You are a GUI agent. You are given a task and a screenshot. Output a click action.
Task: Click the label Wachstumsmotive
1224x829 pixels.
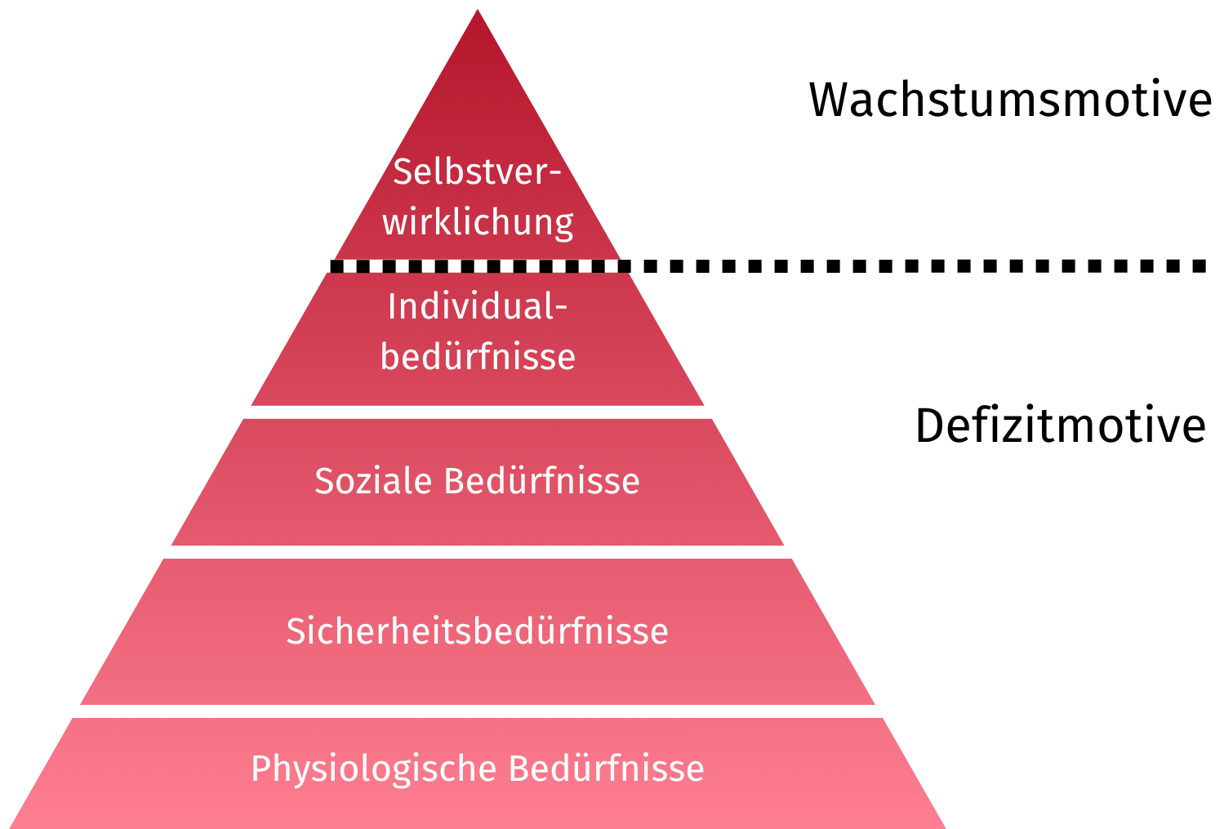coord(1010,100)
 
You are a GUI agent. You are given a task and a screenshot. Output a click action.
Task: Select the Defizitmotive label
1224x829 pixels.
coord(1060,426)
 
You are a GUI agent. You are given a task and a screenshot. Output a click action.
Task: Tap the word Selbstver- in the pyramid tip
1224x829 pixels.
coord(478,172)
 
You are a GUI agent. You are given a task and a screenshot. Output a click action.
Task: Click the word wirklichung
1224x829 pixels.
coord(478,222)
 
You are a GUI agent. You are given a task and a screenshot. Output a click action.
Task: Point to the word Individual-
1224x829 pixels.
coord(478,307)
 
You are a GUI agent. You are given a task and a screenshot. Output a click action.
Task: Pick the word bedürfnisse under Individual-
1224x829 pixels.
coord(478,357)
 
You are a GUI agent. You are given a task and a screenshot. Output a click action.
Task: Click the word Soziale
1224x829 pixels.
coord(373,481)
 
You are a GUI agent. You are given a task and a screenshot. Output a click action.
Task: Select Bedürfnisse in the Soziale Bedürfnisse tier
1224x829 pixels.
coord(541,481)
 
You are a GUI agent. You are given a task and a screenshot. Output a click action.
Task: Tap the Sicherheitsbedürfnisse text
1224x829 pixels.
coord(478,631)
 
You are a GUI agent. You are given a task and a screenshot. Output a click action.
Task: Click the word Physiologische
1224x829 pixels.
coord(374,769)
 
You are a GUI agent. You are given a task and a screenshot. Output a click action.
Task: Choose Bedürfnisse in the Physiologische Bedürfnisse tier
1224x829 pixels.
coord(606,769)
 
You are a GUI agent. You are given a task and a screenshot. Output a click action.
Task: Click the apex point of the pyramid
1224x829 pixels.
coord(478,11)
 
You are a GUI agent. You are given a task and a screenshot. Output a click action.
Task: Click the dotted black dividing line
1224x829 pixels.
coord(898,265)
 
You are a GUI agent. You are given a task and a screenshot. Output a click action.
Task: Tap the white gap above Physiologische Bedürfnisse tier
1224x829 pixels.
coord(478,711)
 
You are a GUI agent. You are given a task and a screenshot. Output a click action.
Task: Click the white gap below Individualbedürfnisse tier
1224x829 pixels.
coord(478,412)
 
